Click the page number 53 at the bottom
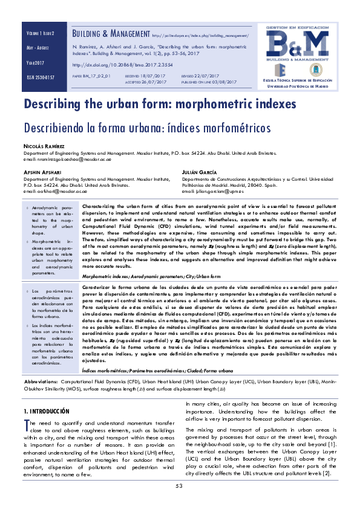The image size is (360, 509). [x=180, y=486]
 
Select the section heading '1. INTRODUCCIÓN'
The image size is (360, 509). [x=52, y=410]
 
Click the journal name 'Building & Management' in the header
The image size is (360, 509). [x=111, y=34]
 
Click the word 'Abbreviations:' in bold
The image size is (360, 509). [x=41, y=383]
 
